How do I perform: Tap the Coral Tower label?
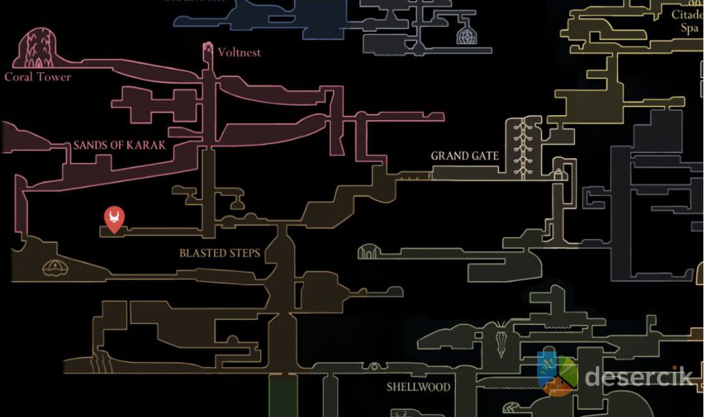pyautogui.click(x=38, y=77)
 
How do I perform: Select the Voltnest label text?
pyautogui.click(x=239, y=52)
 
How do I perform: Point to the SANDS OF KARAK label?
pyautogui.click(x=119, y=145)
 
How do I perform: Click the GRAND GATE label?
pyautogui.click(x=465, y=156)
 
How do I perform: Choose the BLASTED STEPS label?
pyautogui.click(x=220, y=253)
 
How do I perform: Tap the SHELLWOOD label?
pyautogui.click(x=418, y=386)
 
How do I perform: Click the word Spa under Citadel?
pyautogui.click(x=689, y=28)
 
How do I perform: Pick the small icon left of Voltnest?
pyautogui.click(x=208, y=49)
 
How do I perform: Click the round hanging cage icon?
pyautogui.click(x=467, y=35)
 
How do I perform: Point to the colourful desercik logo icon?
pyautogui.click(x=557, y=374)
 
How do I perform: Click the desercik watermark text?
pyautogui.click(x=638, y=376)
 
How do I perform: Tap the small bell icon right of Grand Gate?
pyautogui.click(x=559, y=174)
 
